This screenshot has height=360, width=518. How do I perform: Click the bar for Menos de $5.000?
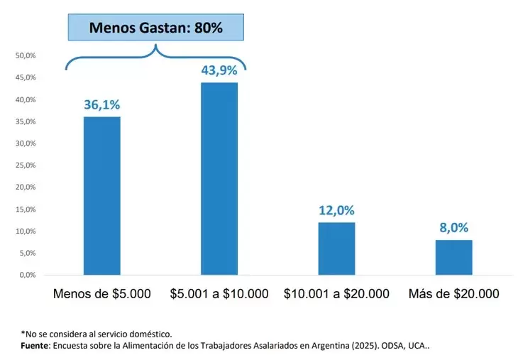click(x=101, y=195)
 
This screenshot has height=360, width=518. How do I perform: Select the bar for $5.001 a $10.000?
click(x=219, y=178)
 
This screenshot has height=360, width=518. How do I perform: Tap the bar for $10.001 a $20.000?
click(x=336, y=249)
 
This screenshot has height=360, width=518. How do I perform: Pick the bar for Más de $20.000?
click(x=453, y=257)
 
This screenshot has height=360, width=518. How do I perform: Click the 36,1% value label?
click(x=101, y=104)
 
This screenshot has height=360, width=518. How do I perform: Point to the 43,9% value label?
click(x=219, y=70)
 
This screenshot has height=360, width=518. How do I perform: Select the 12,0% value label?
click(x=336, y=210)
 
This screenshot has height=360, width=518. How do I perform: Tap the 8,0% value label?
click(x=453, y=228)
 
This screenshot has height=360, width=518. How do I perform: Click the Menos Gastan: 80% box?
click(x=155, y=28)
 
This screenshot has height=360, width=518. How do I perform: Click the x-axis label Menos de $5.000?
click(x=102, y=293)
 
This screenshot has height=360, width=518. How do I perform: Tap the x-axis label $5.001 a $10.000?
click(x=219, y=293)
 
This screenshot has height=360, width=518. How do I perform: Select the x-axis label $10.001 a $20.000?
click(x=336, y=293)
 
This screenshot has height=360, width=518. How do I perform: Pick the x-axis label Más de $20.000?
click(x=453, y=293)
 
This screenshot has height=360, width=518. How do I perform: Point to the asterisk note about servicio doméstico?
click(x=96, y=333)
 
